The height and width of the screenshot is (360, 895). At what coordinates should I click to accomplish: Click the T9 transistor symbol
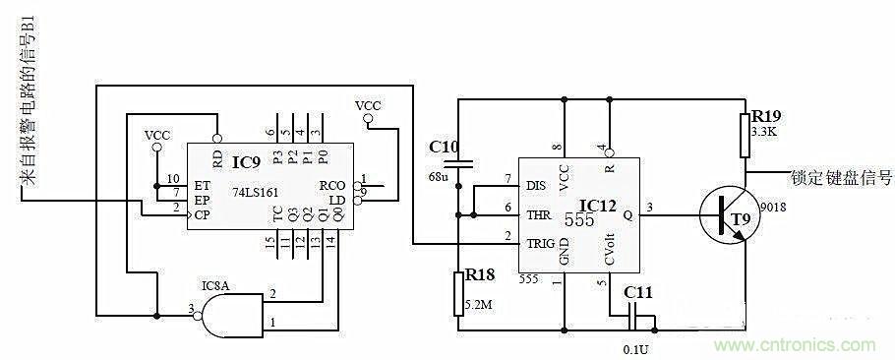pyautogui.click(x=730, y=217)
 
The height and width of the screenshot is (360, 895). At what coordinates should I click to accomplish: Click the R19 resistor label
pyautogui.click(x=766, y=114)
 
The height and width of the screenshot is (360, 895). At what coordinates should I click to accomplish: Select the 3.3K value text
pyautogui.click(x=765, y=130)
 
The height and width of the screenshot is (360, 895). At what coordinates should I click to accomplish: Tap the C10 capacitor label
pyautogui.click(x=444, y=147)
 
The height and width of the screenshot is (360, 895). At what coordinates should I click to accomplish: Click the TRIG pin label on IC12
pyautogui.click(x=541, y=241)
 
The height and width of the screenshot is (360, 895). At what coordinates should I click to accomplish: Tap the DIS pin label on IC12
pyautogui.click(x=536, y=184)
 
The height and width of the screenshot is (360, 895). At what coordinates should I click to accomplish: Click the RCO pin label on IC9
pyautogui.click(x=330, y=184)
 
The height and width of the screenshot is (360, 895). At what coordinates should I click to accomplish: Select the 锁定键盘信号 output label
pyautogui.click(x=842, y=179)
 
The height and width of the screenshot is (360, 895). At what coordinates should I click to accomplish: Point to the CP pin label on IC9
pyautogui.click(x=203, y=213)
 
